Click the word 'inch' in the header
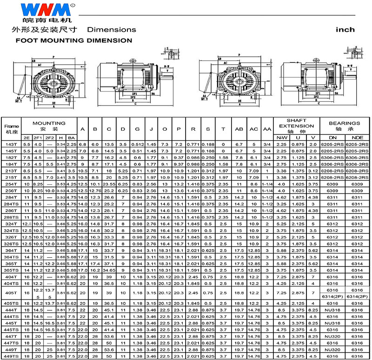[345, 30]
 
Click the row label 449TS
[10, 355]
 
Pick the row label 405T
[10, 293]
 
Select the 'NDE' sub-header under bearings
[357, 138]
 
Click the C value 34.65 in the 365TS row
[110, 270]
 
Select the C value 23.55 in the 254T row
[110, 184]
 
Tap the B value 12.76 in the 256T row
[96, 191]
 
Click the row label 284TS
[10, 204]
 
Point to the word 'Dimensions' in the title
[112, 30]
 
